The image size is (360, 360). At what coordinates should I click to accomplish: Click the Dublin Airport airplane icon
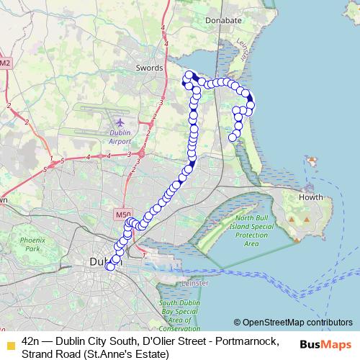(119, 125)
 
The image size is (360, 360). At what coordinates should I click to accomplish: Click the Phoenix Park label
(32, 243)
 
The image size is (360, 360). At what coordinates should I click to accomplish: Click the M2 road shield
(5, 63)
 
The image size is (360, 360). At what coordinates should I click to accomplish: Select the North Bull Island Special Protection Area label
(251, 230)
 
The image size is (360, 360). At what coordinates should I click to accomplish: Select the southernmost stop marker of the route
(110, 266)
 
